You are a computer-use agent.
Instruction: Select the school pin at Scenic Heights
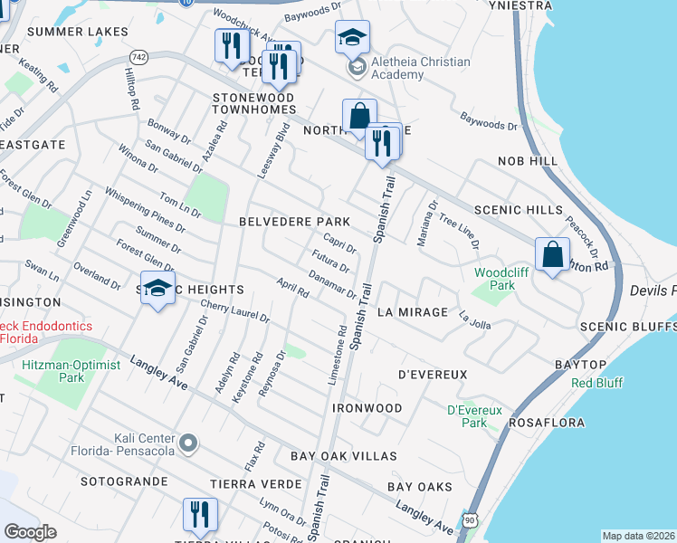[158, 289]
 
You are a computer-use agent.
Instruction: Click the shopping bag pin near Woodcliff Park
[552, 254]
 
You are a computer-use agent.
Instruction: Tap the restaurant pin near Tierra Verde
[201, 515]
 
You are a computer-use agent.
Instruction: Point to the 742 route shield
[138, 56]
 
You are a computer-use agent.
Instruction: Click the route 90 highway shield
[470, 519]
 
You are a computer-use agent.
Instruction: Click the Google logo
[30, 531]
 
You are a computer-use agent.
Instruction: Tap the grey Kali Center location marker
[187, 443]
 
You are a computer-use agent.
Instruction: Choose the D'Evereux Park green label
[474, 415]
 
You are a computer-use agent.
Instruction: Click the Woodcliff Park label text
[494, 279]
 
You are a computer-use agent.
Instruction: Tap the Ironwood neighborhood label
[367, 408]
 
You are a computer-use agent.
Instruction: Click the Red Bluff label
[596, 383]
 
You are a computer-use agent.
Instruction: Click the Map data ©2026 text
[639, 536]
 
